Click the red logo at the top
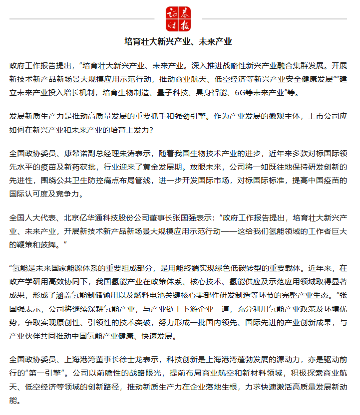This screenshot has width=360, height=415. [x=180, y=19]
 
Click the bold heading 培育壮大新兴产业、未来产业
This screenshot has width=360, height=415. [x=180, y=41]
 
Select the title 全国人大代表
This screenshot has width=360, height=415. [x=31, y=218]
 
